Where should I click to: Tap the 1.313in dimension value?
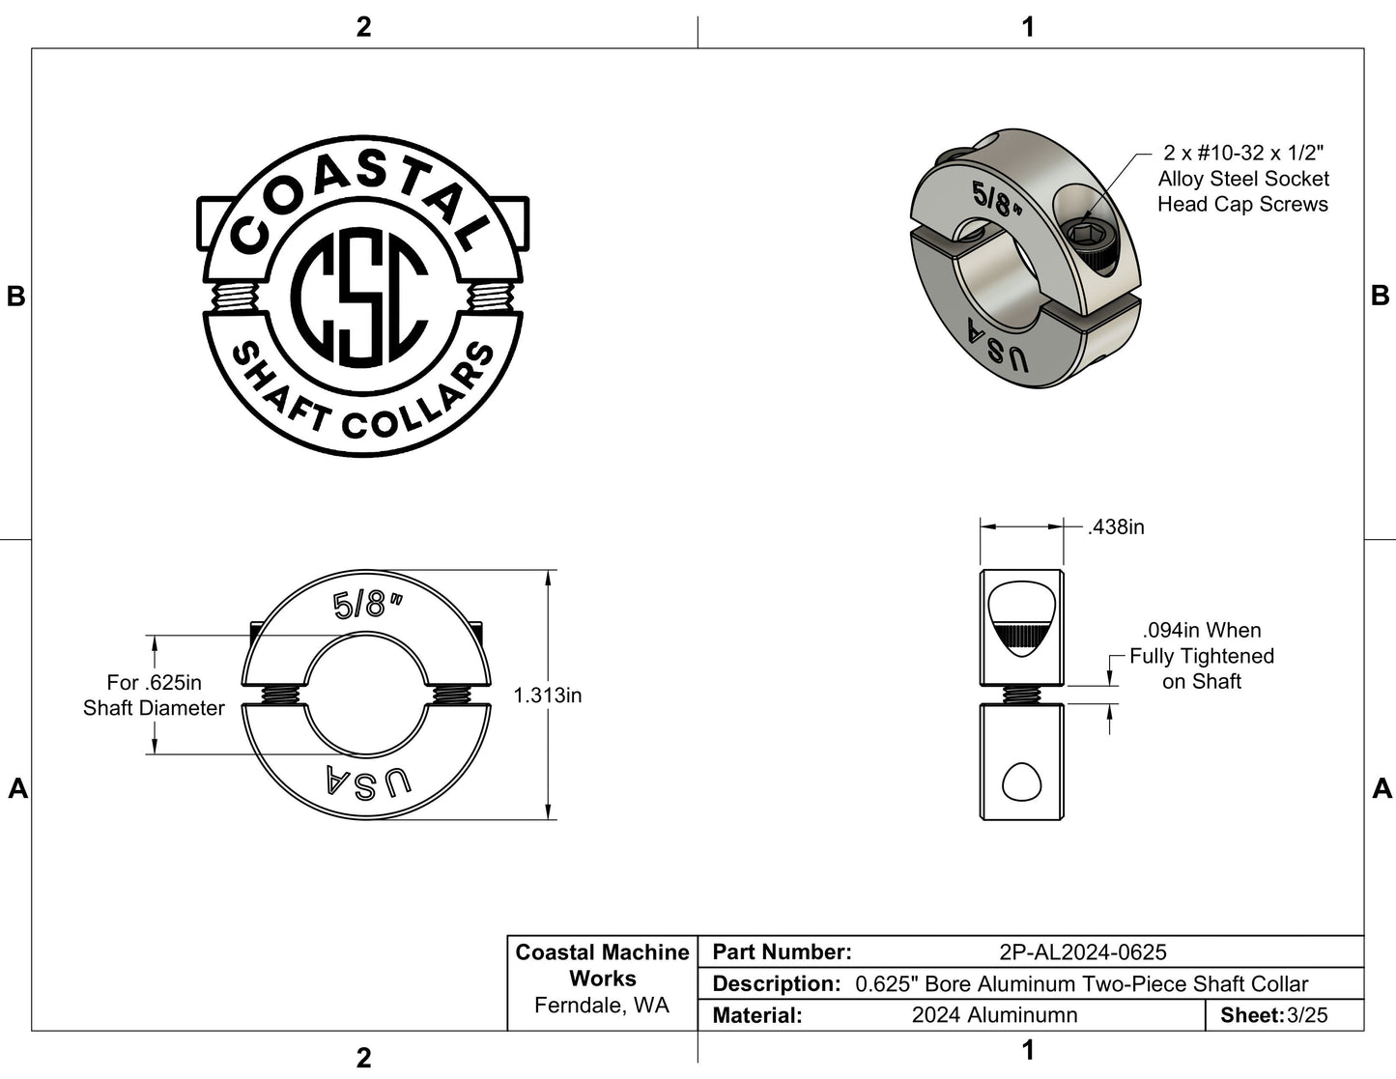(547, 696)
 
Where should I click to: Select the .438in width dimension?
(1115, 527)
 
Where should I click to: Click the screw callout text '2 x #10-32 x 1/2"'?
(1242, 153)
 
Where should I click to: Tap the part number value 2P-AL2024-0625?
(1082, 952)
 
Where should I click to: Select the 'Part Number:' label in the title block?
(782, 952)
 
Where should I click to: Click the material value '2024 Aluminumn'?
(994, 1015)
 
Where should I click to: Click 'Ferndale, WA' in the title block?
(602, 1006)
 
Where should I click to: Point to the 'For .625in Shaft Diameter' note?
(154, 696)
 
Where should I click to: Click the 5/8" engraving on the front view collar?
(365, 606)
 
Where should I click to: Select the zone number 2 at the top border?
(363, 27)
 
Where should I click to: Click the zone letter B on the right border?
(1380, 296)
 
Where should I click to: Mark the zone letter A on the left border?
(17, 789)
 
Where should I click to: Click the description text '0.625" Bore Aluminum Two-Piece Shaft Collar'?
(1082, 984)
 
